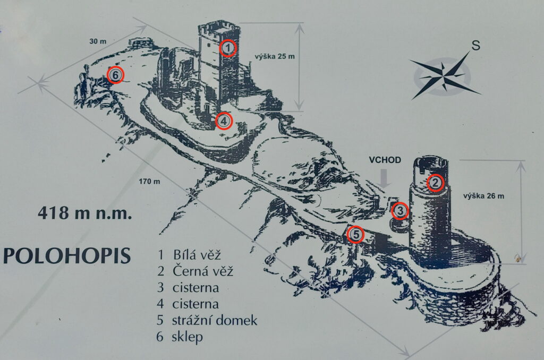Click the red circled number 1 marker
(227, 48)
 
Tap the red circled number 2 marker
(435, 183)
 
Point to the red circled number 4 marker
(224, 121)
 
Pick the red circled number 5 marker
(356, 234)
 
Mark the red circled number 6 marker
(115, 75)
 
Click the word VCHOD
(385, 160)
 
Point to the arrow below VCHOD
(385, 178)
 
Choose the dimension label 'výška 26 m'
(483, 196)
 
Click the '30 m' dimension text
(98, 40)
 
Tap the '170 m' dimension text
(149, 182)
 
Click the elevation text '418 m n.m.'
(84, 213)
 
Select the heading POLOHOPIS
(67, 255)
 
